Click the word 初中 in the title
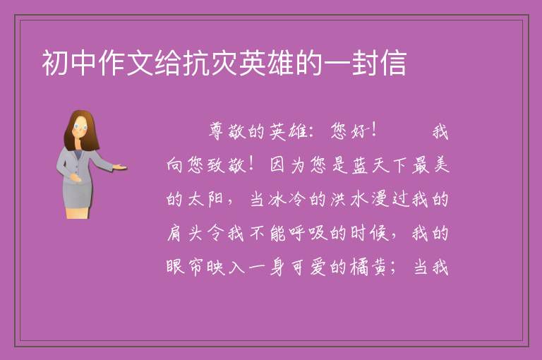69,63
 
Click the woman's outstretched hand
119,167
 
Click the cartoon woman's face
80,127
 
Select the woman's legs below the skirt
78,212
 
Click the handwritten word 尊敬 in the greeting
227,132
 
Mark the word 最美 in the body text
430,164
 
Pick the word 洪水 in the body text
349,199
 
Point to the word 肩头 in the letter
186,233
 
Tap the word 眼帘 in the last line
186,267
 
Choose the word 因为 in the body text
288,165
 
